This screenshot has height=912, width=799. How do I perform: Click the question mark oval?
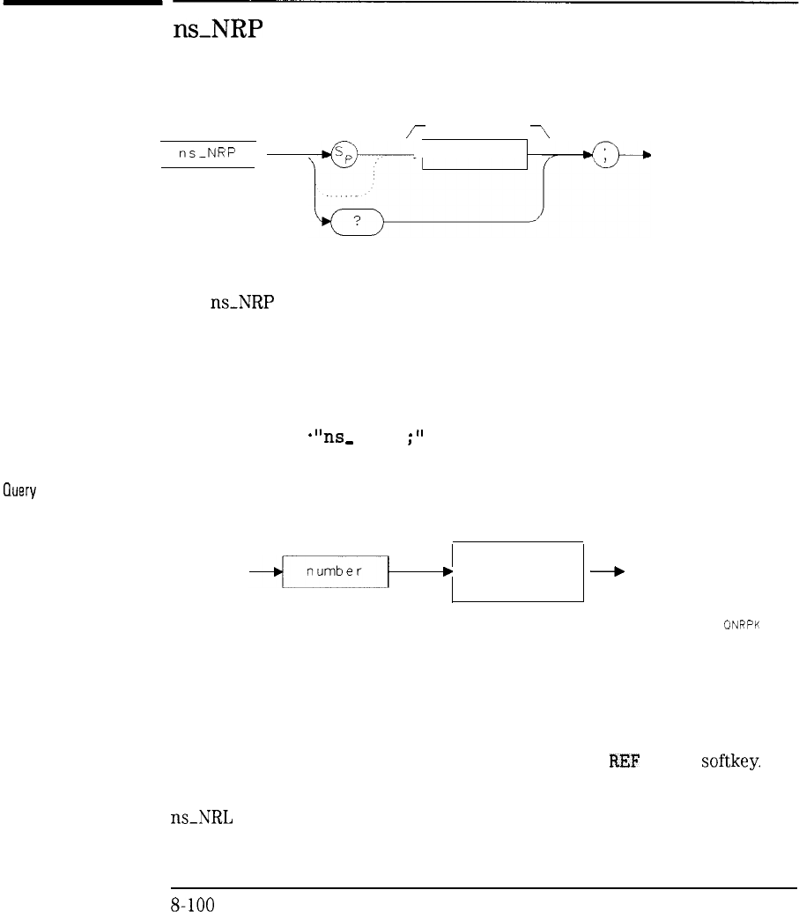[x=356, y=224]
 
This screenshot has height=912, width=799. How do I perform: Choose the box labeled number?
[x=336, y=571]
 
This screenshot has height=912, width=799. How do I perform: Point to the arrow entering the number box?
[x=267, y=571]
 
